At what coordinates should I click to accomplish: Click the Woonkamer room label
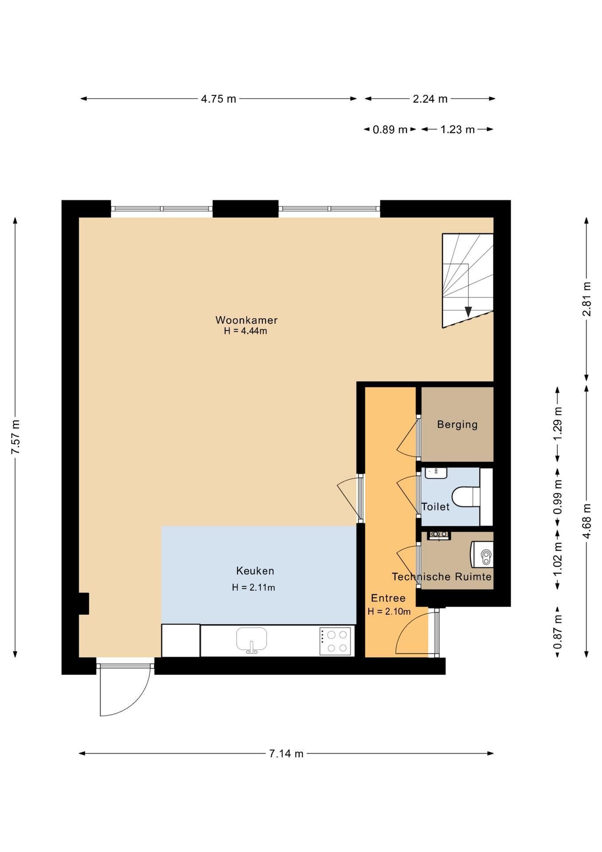click(x=246, y=320)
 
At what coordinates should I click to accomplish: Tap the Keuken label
click(x=255, y=571)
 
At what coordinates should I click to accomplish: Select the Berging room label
click(x=457, y=425)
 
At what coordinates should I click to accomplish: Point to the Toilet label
click(x=435, y=507)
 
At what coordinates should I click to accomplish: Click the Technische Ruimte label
click(x=442, y=576)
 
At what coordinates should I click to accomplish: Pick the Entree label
click(x=388, y=598)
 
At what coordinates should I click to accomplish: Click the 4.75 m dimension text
click(x=219, y=99)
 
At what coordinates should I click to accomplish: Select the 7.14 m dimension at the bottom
click(x=286, y=753)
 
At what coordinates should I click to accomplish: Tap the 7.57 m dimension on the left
click(x=16, y=437)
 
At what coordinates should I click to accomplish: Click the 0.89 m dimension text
click(x=390, y=130)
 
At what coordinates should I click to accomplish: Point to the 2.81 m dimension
click(x=586, y=299)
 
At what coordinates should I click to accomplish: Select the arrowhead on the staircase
click(x=468, y=312)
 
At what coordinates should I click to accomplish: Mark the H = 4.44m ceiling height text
click(x=246, y=331)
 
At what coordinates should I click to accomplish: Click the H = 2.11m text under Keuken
click(x=254, y=588)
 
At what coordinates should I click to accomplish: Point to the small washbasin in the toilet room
click(x=436, y=473)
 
